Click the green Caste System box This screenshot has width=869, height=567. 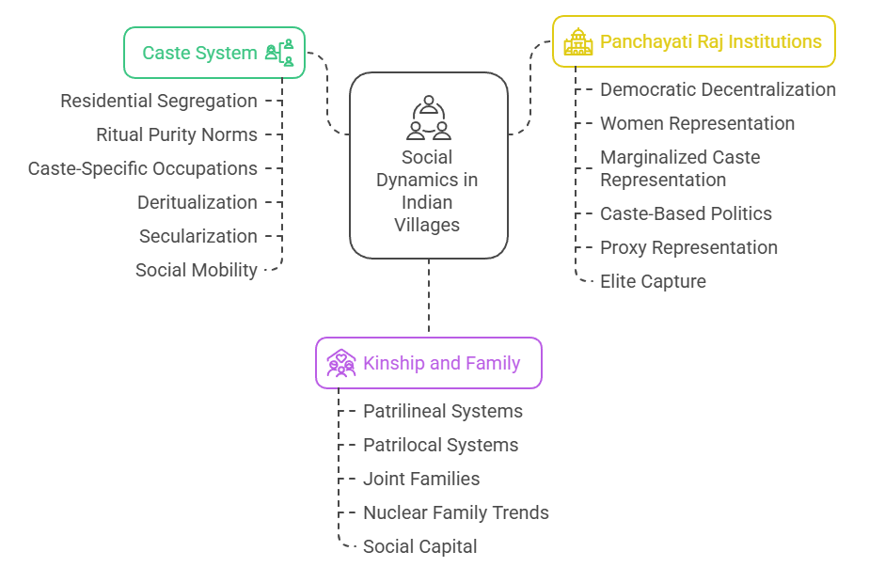214,53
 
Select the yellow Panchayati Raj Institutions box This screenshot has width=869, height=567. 693,41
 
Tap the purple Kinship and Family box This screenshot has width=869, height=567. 428,363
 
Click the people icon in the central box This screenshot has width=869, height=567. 428,118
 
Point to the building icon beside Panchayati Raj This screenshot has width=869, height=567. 577,42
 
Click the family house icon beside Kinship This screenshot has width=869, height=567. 340,363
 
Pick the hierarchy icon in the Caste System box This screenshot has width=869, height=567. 279,53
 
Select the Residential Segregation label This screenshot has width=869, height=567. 158,101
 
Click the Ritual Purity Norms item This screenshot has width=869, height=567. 176,134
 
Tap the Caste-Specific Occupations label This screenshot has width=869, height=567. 142,168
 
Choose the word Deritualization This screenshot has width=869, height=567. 197,202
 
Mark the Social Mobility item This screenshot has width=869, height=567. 196,270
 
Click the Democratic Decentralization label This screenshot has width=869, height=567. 718,89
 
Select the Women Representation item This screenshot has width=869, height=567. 697,123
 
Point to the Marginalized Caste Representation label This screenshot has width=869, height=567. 680,168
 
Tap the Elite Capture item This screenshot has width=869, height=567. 653,281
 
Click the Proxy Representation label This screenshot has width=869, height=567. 688,247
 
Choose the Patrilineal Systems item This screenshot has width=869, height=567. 442,411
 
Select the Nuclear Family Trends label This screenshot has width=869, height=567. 455,512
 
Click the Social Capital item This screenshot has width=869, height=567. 419,546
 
